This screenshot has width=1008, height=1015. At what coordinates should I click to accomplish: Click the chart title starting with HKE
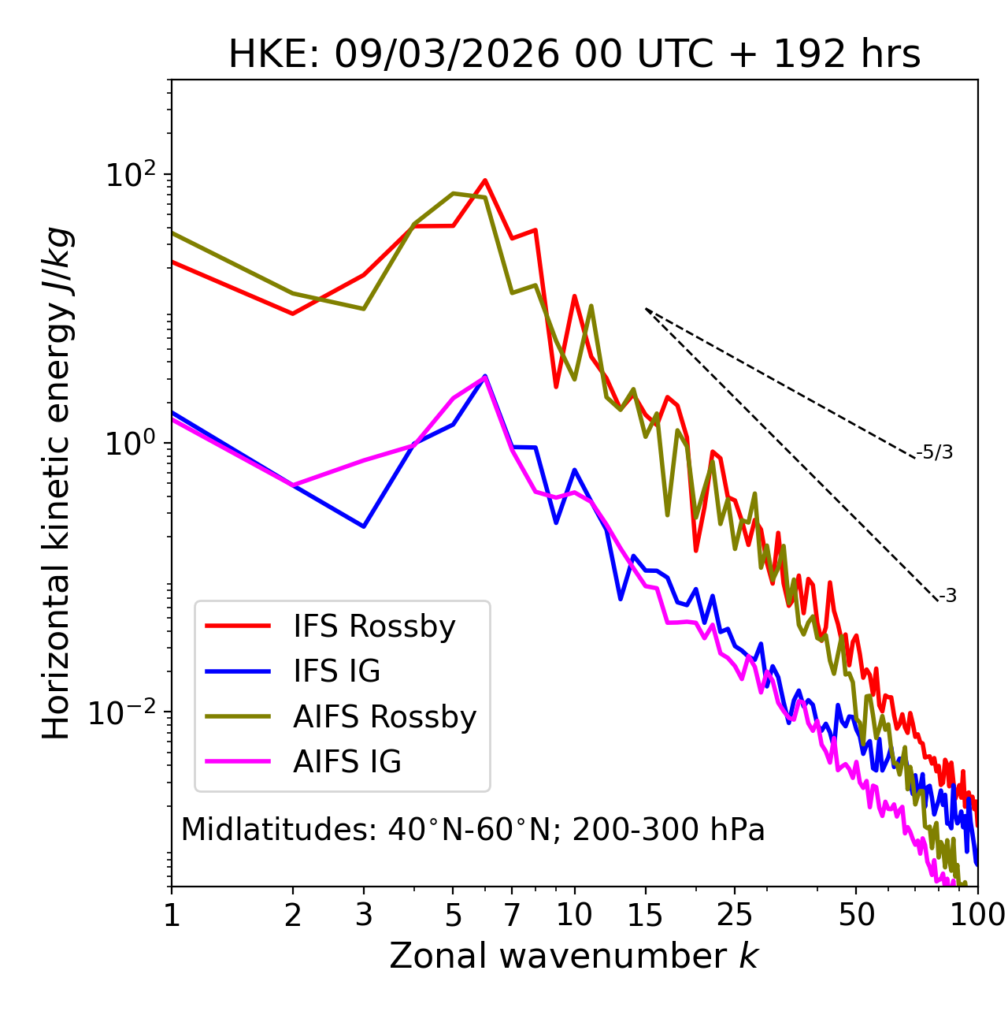[x=574, y=55]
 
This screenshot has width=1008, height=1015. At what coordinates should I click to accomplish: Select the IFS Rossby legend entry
[x=374, y=626]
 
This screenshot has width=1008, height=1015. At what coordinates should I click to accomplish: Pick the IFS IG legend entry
[x=336, y=671]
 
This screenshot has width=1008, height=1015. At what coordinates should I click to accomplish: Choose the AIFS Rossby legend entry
[x=384, y=717]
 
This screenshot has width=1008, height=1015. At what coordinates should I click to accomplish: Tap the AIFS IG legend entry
[x=346, y=762]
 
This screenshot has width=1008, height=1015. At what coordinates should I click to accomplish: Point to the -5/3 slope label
[x=935, y=452]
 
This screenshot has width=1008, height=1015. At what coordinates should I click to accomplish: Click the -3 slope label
[x=947, y=597]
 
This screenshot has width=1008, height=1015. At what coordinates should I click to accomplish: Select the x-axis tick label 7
[x=513, y=915]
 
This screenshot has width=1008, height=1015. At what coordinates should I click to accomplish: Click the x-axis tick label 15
[x=645, y=915]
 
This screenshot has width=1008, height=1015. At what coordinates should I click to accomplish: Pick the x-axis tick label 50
[x=856, y=915]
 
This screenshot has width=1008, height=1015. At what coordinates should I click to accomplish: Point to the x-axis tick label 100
[x=977, y=915]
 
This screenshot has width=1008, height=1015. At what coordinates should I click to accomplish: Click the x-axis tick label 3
[x=363, y=915]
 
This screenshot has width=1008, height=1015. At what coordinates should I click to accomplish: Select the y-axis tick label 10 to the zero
[x=130, y=442]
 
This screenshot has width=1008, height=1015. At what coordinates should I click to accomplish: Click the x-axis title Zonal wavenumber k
[x=574, y=956]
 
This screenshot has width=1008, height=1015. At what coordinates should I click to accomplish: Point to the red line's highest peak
[x=485, y=180]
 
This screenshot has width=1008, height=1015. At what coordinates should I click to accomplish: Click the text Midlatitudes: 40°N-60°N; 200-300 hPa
[x=472, y=830]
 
